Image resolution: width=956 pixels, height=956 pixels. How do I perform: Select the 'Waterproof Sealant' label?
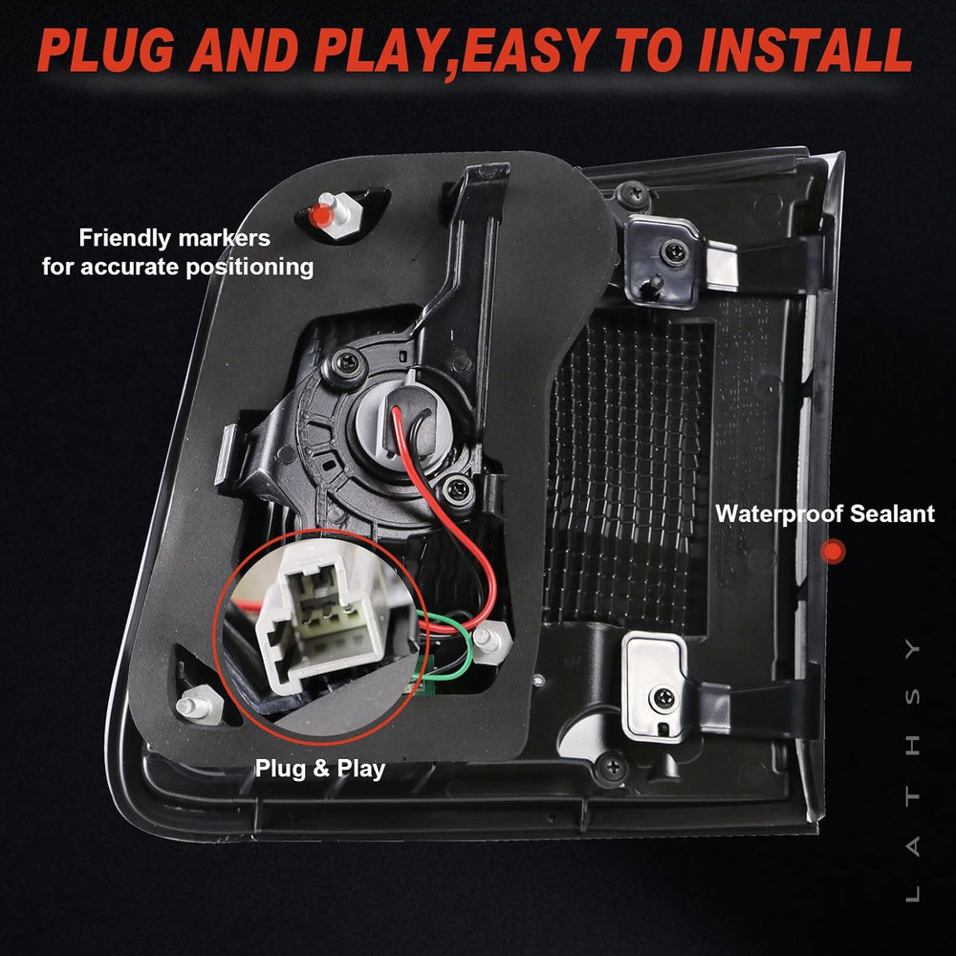[x=825, y=513]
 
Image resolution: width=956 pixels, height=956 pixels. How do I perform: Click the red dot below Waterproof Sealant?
[x=833, y=552]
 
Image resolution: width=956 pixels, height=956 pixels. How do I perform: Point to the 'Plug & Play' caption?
[x=320, y=769]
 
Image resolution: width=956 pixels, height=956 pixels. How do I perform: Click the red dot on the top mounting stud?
[x=320, y=215]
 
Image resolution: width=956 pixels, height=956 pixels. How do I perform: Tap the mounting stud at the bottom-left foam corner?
[x=199, y=705]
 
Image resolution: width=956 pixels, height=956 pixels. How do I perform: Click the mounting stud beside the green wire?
[x=491, y=641]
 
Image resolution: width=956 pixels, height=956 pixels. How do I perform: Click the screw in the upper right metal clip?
[x=675, y=251]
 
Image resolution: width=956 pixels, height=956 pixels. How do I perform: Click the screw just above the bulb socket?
[x=346, y=362]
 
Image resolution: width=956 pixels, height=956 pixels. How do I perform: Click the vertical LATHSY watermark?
[x=912, y=771]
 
